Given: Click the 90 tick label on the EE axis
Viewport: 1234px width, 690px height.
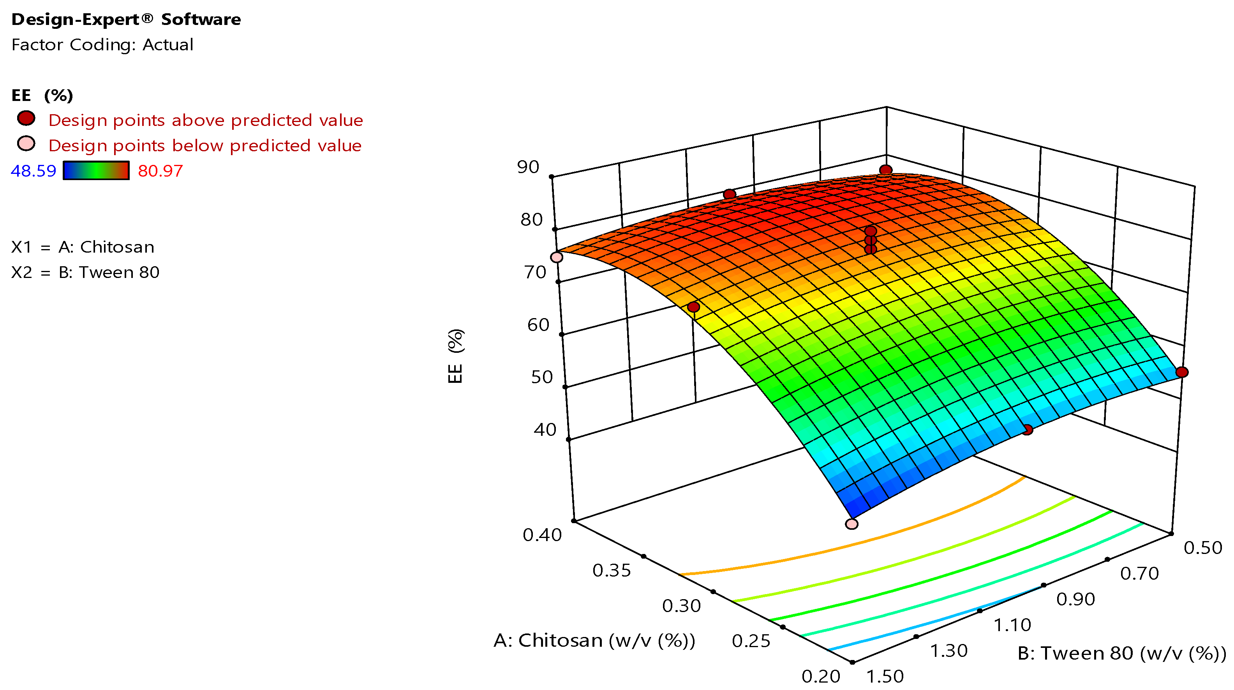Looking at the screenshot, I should (528, 167).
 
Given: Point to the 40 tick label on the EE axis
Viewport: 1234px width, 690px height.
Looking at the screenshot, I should (545, 430).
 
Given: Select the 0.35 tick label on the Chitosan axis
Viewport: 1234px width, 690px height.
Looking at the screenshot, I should (611, 571).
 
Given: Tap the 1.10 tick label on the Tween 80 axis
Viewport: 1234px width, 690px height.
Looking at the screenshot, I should (1012, 625).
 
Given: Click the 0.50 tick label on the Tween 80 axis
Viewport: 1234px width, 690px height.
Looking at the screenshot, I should (1203, 548).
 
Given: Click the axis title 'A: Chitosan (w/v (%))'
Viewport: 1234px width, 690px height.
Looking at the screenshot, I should (594, 640).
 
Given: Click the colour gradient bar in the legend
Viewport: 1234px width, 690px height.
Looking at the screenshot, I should (96, 171).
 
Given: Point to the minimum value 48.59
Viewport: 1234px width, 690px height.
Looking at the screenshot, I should (33, 171).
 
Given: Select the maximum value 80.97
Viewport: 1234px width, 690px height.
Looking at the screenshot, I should (160, 171).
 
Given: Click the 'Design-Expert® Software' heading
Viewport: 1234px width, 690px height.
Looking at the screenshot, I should (126, 19).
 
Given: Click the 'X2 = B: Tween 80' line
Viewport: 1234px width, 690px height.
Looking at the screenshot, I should (85, 272).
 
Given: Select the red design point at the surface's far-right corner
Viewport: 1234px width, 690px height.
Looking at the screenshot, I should (1182, 372).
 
